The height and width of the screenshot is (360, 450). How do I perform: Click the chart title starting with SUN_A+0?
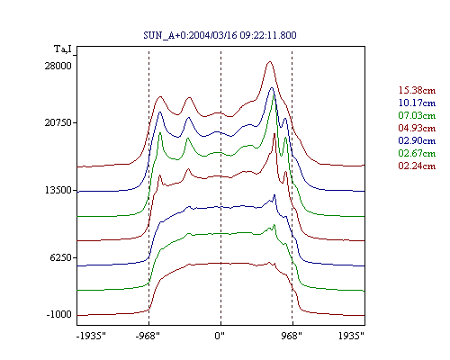[x=220, y=35]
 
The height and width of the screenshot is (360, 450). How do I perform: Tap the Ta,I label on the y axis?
[x=63, y=49]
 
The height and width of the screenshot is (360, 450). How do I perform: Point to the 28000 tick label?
[x=58, y=66]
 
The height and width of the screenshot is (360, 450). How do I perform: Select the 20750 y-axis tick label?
[x=58, y=122]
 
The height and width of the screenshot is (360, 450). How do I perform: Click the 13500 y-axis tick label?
[x=58, y=190]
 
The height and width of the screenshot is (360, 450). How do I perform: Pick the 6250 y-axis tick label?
[x=61, y=257]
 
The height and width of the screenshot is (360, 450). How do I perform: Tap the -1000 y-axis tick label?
[x=58, y=314]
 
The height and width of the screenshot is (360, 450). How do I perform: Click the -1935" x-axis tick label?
[x=91, y=336]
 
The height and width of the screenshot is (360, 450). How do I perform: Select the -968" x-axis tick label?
[x=148, y=336]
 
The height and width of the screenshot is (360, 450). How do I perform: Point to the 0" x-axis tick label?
[x=220, y=336]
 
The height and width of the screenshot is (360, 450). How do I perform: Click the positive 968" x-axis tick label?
[x=292, y=336]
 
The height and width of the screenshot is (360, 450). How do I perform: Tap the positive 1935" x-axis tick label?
[x=351, y=336]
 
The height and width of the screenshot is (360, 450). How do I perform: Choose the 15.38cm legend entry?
[x=417, y=90]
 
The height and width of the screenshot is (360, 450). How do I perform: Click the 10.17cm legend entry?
[x=417, y=103]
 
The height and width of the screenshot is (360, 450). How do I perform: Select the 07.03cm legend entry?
[x=417, y=115]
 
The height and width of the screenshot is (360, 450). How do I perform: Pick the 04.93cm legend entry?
[x=417, y=128]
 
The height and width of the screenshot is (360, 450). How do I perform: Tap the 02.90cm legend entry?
[x=417, y=140]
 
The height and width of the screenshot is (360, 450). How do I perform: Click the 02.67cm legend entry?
[x=417, y=153]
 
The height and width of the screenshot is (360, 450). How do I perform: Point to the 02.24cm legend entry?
[x=417, y=166]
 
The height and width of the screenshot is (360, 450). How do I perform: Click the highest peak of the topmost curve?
[x=270, y=61]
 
